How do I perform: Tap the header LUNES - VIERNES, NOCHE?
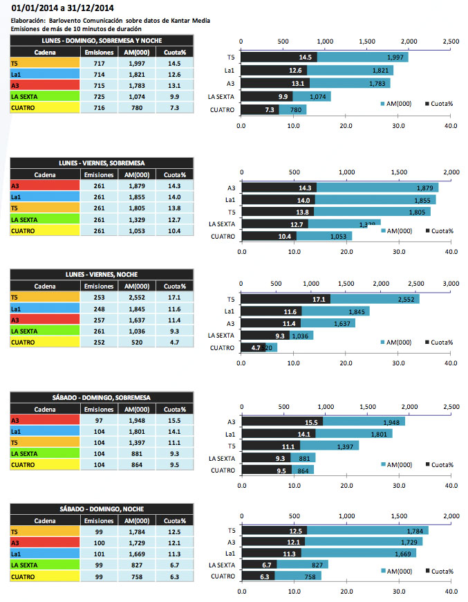pos(102,274)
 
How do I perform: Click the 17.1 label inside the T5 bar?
pos(319,300)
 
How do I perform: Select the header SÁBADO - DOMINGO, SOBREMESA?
pos(102,397)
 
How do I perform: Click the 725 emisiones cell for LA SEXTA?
pos(93,97)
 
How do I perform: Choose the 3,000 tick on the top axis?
pos(450,283)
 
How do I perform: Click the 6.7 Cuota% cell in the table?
pos(169,565)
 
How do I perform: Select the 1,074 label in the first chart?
pos(317,97)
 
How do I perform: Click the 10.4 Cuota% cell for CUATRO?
pos(169,230)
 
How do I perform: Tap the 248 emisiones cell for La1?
pos(93,309)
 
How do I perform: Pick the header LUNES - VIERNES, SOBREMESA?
pos(102,163)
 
